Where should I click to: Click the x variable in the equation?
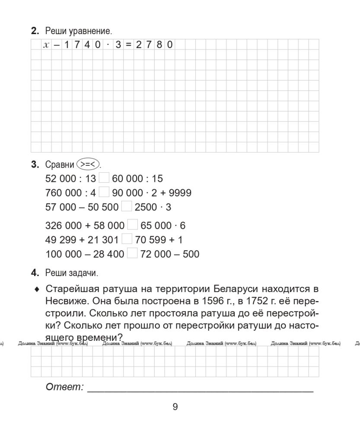(x=46, y=44)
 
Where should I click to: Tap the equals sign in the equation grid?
(x=128, y=44)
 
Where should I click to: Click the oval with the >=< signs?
(x=86, y=165)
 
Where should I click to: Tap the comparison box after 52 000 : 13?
(x=104, y=178)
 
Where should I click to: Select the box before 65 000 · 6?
(x=132, y=225)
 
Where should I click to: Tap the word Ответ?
(x=64, y=387)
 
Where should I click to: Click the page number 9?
(x=175, y=407)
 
